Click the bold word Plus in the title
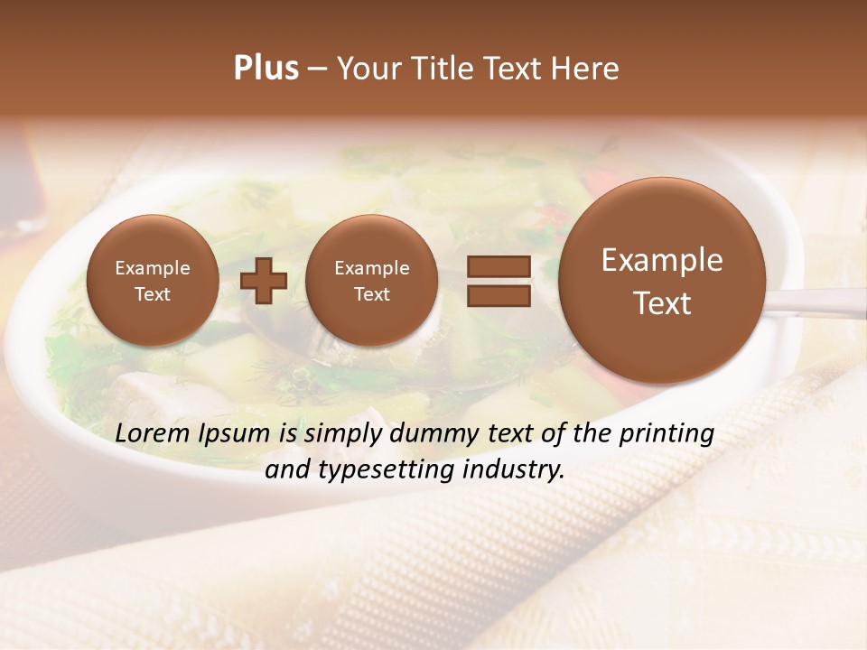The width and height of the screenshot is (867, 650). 266,69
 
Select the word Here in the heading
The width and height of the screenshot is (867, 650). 585,69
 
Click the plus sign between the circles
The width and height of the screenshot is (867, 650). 264,281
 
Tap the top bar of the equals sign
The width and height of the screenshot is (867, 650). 499,266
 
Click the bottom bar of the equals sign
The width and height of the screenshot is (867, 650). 499,295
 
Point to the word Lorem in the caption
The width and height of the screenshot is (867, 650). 153,433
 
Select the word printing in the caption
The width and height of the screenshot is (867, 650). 667,434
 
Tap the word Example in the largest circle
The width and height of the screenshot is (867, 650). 662,260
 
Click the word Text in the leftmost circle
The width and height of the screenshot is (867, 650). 153,294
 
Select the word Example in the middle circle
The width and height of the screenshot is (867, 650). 371,268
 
